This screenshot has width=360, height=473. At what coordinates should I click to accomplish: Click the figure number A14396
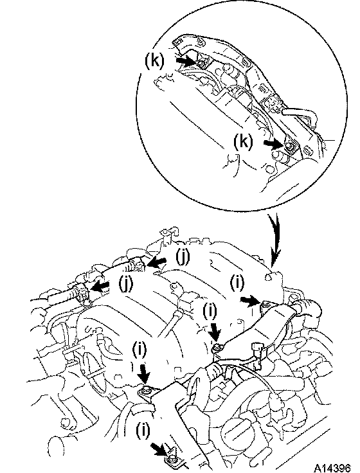332,468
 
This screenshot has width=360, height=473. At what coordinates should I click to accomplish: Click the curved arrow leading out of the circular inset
274,238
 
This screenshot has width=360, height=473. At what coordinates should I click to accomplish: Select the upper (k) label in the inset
155,61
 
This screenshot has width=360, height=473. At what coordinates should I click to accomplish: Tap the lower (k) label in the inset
244,141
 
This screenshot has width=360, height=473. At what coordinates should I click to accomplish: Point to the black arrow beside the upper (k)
185,61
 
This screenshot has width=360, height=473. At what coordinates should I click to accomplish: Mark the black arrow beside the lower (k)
273,144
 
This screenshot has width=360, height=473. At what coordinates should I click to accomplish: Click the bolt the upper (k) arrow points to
201,63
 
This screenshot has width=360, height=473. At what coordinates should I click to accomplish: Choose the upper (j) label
183,257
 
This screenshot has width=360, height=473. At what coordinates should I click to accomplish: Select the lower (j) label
125,285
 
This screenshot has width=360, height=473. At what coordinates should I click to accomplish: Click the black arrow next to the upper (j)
156,262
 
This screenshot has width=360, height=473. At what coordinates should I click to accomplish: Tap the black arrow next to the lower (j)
100,286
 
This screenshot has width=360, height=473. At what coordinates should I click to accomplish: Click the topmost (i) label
237,283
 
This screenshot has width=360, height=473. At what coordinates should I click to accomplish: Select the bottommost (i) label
143,431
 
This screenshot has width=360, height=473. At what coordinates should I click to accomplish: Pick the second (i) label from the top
210,311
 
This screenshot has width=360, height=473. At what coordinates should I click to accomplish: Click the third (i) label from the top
139,350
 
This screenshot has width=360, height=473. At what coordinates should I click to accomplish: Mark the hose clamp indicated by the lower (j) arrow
82,292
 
